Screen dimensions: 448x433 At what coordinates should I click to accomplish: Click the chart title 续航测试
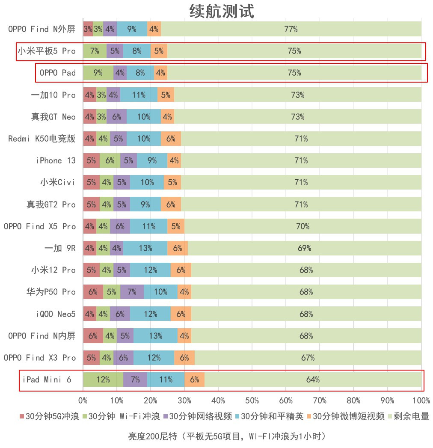pyautogui.click(x=222, y=12)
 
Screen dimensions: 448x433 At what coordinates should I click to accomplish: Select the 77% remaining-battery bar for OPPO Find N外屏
pyautogui.click(x=291, y=29)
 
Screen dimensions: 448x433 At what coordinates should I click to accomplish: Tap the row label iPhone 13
pyautogui.click(x=56, y=160)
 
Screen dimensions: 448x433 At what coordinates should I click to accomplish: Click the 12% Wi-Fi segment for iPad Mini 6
pyautogui.click(x=103, y=380)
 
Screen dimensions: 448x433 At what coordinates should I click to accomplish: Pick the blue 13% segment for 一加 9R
pyautogui.click(x=145, y=248)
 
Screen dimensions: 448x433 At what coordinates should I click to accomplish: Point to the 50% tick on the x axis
pyautogui.click(x=252, y=401)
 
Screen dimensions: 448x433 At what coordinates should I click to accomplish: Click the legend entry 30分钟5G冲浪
pyautogui.click(x=49, y=416)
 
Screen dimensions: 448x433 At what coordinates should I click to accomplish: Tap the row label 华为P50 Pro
pyautogui.click(x=50, y=292)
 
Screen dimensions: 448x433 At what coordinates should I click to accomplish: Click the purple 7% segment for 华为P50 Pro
pyautogui.click(x=132, y=292)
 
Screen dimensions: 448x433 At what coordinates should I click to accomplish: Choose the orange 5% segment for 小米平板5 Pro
pyautogui.click(x=159, y=51)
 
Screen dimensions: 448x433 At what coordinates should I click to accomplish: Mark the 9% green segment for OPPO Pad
pyautogui.click(x=98, y=73)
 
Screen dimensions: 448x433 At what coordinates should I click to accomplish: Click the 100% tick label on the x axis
pyautogui.click(x=421, y=401)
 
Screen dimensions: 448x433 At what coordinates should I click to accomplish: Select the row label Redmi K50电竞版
pyautogui.click(x=42, y=139)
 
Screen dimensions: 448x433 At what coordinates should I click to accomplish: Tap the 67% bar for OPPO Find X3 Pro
pyautogui.click(x=308, y=358)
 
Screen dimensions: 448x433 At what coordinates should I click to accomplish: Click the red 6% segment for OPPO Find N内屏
pyautogui.click(x=93, y=336)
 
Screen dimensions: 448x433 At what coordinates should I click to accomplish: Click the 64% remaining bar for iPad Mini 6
pyautogui.click(x=313, y=380)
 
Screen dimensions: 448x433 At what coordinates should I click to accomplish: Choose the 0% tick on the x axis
pyautogui.click(x=83, y=401)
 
